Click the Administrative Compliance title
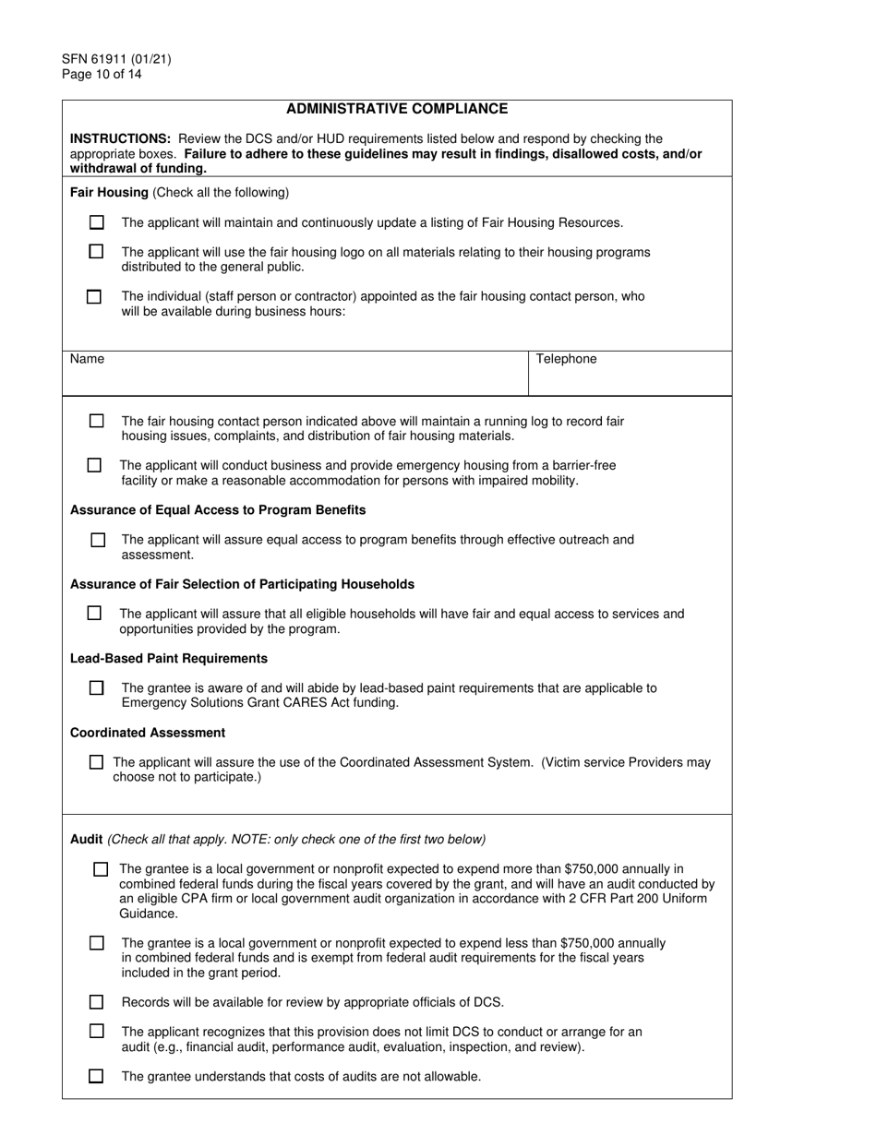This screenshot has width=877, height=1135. [396, 109]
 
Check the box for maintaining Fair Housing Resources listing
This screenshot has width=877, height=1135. [97, 222]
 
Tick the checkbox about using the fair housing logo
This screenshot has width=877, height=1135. [97, 252]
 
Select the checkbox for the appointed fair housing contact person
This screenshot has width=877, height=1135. [94, 297]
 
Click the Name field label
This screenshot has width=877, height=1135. [87, 359]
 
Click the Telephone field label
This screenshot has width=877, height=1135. [566, 359]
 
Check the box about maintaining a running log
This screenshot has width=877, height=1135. [97, 421]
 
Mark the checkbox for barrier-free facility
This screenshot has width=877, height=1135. [94, 465]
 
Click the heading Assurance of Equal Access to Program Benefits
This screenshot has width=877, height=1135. [218, 510]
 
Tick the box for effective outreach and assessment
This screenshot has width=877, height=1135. [98, 540]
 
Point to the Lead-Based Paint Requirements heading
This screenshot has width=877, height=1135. [169, 659]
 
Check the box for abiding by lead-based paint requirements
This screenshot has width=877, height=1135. [97, 687]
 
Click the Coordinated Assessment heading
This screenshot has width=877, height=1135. [148, 733]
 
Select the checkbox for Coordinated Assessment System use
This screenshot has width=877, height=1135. [96, 762]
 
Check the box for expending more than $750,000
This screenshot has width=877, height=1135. [101, 869]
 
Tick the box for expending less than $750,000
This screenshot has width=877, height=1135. [97, 943]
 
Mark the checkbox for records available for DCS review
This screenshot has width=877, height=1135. [97, 1002]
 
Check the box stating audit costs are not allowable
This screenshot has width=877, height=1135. [96, 1076]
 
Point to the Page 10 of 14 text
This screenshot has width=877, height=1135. [102, 75]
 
